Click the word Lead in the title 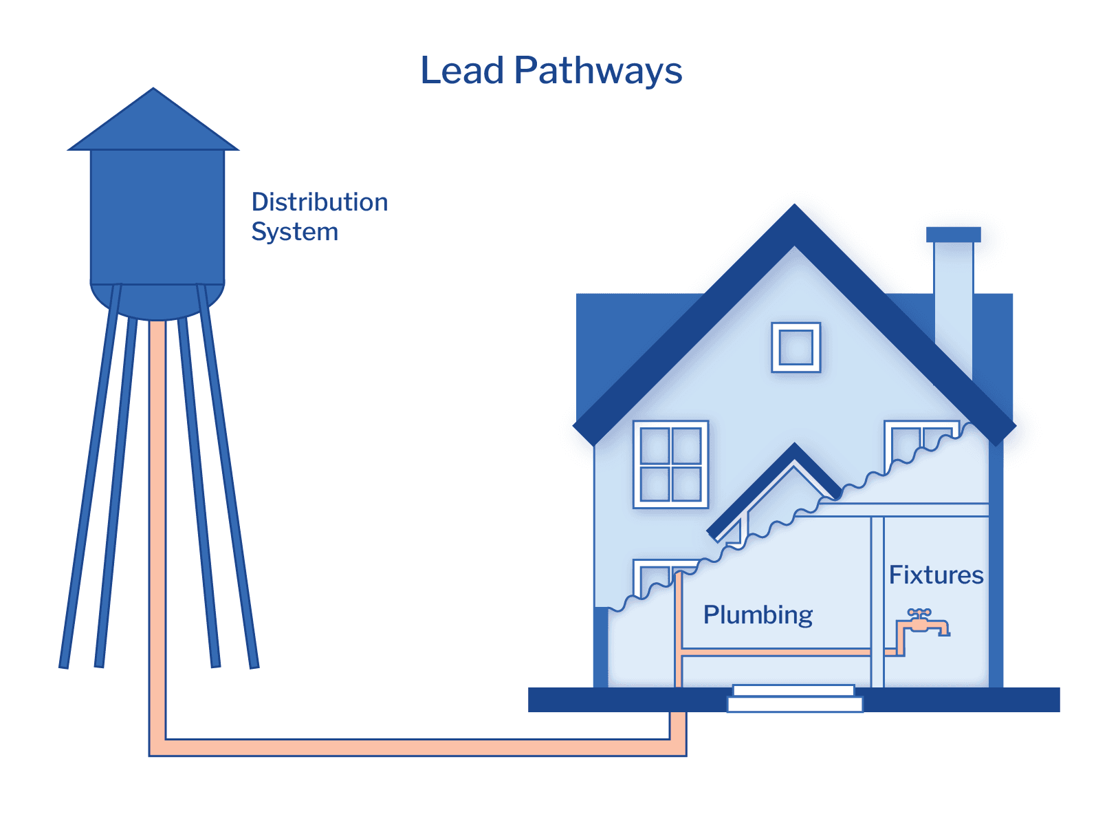[x=462, y=70]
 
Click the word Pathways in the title [x=598, y=72]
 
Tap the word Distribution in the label [x=320, y=202]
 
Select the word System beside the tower [x=294, y=232]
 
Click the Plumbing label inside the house [x=758, y=614]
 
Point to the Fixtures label [x=936, y=575]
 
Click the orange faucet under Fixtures [x=923, y=623]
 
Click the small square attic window [x=796, y=347]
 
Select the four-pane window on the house [x=670, y=464]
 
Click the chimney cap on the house [x=953, y=235]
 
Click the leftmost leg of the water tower [x=88, y=482]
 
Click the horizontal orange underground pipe [x=413, y=747]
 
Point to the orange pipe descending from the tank [x=157, y=516]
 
